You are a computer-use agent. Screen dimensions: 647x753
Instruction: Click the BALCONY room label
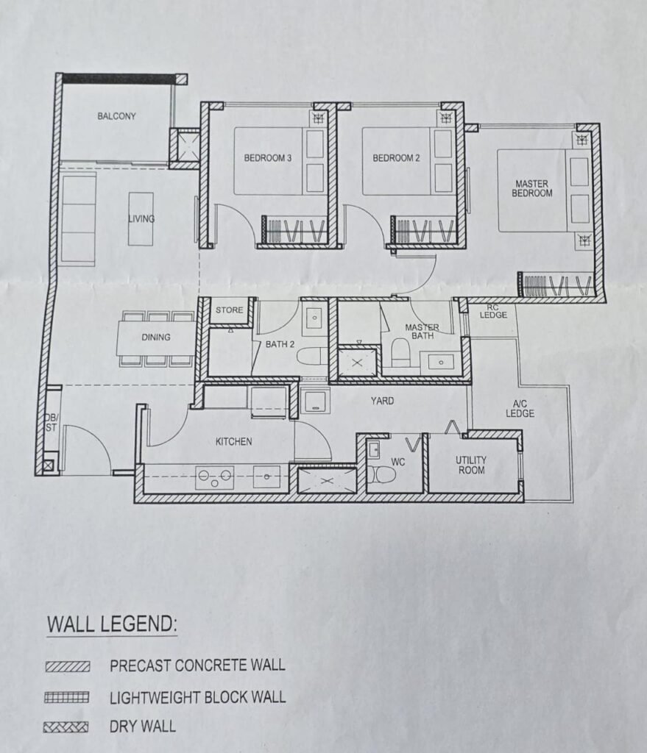click(x=117, y=116)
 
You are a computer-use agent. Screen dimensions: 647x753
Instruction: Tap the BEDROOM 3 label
click(x=268, y=158)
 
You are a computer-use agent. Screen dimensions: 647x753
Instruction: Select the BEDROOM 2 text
click(x=397, y=158)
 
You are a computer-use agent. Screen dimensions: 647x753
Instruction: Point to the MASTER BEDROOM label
click(x=531, y=188)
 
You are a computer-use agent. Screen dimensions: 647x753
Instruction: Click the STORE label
click(x=230, y=310)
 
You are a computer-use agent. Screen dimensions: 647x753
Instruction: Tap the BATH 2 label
click(x=280, y=344)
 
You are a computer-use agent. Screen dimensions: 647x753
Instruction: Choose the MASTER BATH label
click(x=422, y=332)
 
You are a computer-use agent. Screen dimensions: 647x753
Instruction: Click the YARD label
click(x=382, y=401)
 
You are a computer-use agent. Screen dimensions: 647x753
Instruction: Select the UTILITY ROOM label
click(x=471, y=465)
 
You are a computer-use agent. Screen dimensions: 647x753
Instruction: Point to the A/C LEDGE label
click(x=520, y=409)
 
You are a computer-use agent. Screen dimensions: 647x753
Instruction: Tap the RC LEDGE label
click(x=493, y=312)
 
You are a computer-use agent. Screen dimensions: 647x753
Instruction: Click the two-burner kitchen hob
click(x=214, y=477)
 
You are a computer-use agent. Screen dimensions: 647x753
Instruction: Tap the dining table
click(x=157, y=338)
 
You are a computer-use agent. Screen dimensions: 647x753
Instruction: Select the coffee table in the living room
click(x=141, y=218)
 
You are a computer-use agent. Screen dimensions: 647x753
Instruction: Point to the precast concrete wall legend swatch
click(x=68, y=666)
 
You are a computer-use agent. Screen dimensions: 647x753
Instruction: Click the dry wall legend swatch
click(x=66, y=727)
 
